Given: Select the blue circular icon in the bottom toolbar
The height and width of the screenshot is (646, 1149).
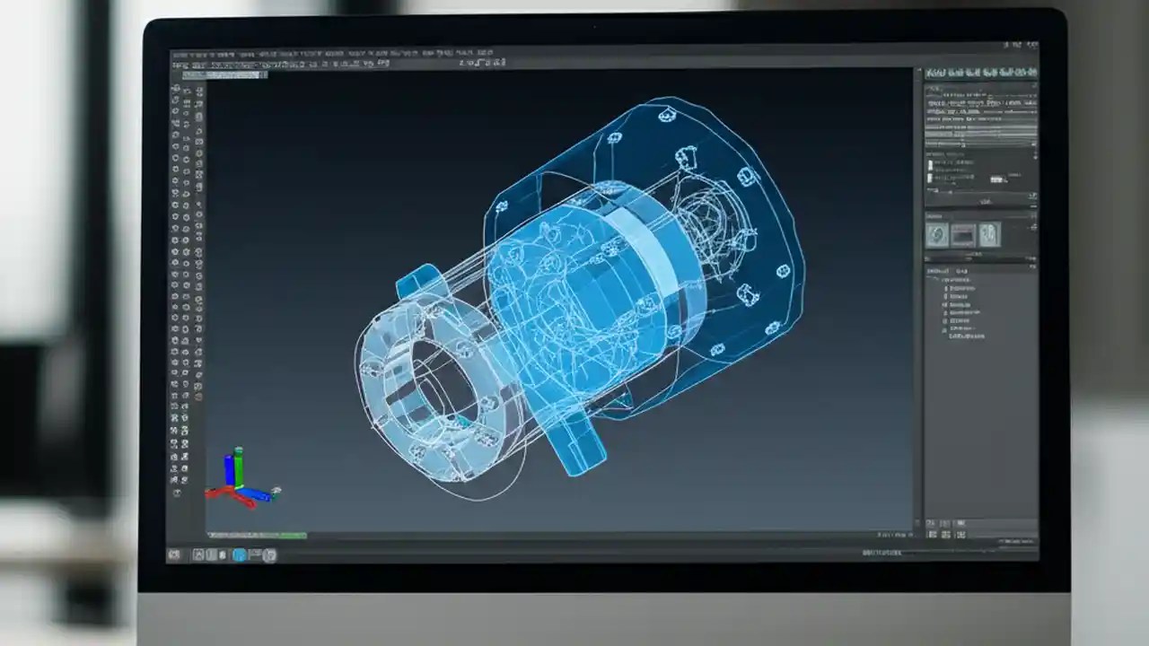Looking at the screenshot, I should point(240,555).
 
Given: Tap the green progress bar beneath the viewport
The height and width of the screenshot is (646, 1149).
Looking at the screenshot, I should point(282,537).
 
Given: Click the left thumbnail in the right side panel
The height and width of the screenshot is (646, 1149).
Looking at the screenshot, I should point(937,235).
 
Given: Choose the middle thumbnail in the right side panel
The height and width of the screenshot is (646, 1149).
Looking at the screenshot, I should point(963,235).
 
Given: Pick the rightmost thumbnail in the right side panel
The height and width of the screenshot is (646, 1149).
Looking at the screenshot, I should point(989,235).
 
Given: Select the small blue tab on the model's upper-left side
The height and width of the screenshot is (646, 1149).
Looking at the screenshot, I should point(414,282).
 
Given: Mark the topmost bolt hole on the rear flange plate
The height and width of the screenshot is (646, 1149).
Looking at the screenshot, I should point(665,114).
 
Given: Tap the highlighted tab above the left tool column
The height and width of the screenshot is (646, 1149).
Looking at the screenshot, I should point(224,75).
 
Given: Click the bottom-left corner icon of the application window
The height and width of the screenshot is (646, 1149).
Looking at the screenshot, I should point(174,555).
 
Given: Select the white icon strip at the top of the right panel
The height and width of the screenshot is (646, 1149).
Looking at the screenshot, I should point(980,73).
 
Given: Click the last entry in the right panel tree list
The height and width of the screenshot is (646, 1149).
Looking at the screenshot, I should point(966,336).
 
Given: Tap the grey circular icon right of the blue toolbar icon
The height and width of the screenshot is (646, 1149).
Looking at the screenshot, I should point(268,555).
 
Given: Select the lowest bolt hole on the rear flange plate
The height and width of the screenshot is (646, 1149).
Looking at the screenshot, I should point(717,349).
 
